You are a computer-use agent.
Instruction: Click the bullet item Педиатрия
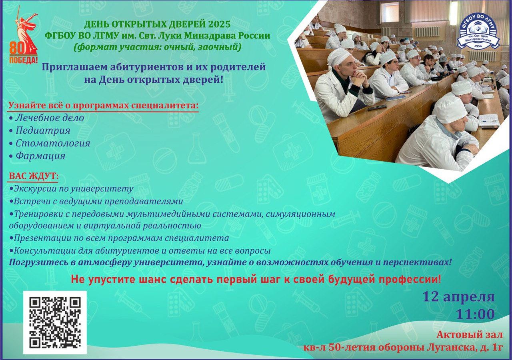tap(40, 130)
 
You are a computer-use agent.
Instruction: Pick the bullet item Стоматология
tap(50, 143)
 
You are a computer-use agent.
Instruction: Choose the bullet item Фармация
tap(37, 156)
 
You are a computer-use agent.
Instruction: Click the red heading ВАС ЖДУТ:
tap(33, 176)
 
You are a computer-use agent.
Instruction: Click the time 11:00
tap(475, 314)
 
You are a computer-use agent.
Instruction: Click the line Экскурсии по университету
tap(72, 189)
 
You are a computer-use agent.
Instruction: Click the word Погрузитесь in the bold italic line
tap(38, 263)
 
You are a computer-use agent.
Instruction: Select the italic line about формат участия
tap(157, 47)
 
